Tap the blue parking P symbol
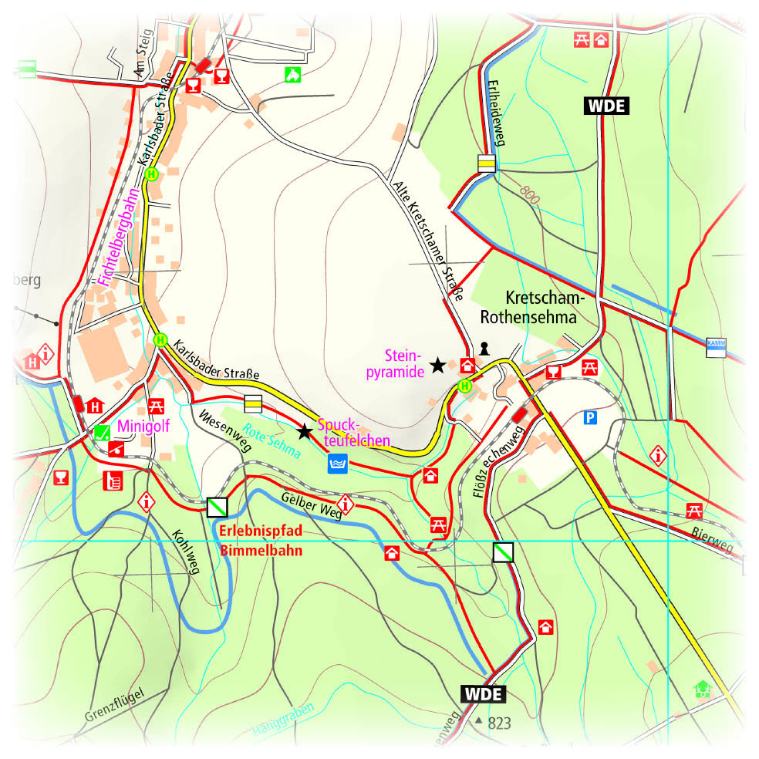click(x=590, y=418)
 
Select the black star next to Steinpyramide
click(x=437, y=364)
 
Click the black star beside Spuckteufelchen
click(x=305, y=431)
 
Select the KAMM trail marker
click(x=716, y=348)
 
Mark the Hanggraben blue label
click(x=283, y=722)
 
